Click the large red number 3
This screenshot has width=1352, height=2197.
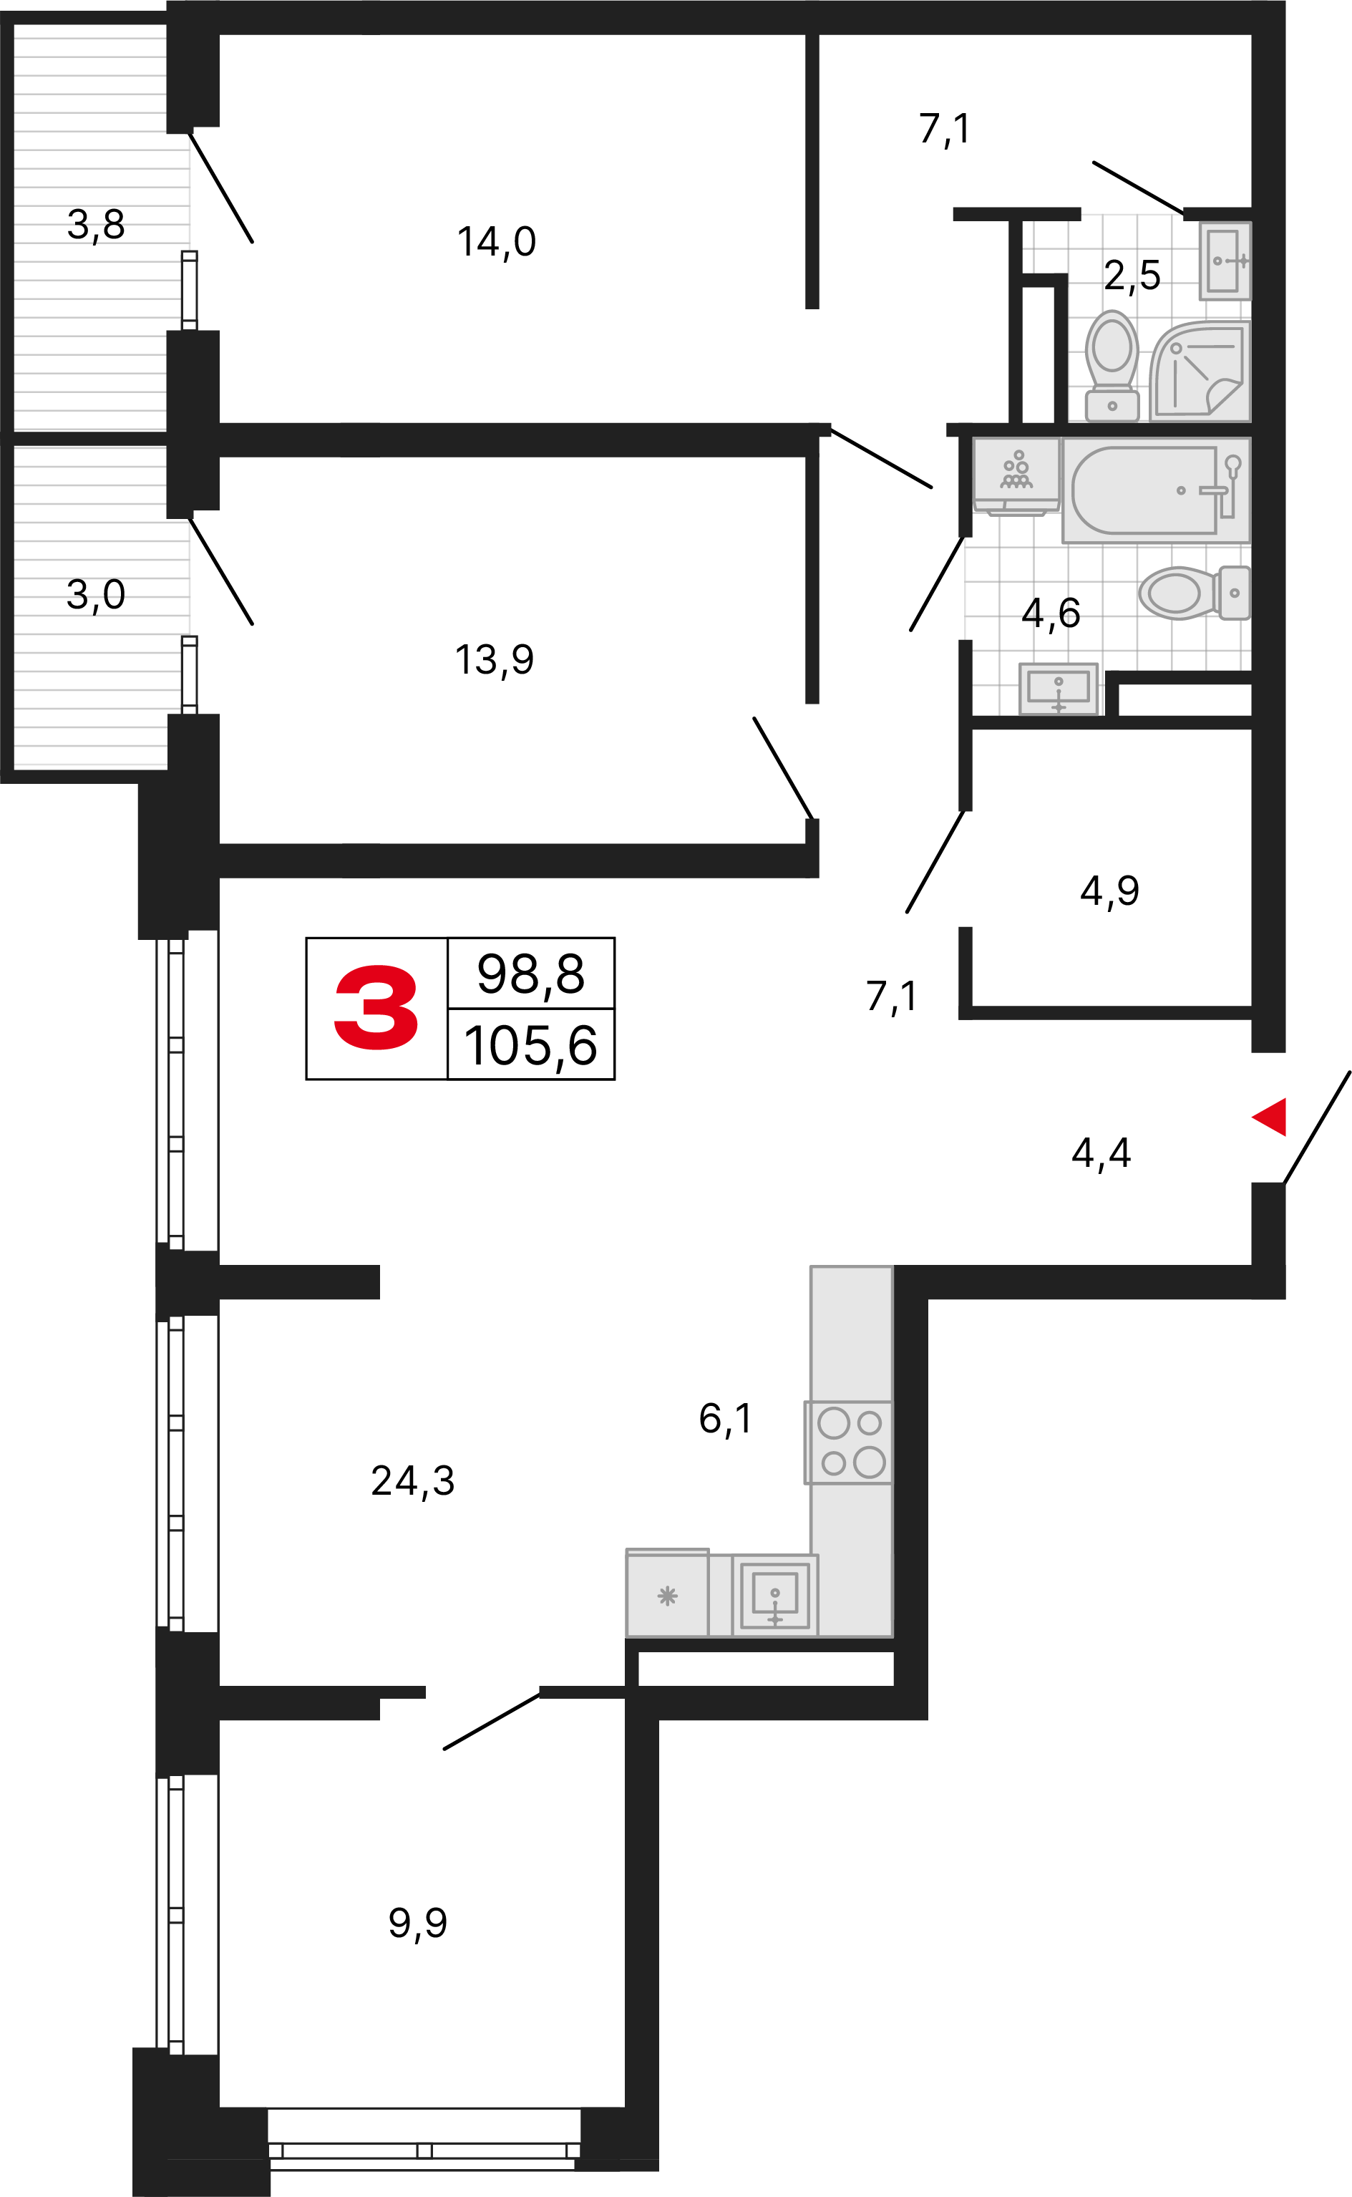pos(376,1008)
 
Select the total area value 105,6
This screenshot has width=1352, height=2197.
pos(530,1045)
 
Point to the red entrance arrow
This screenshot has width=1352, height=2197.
pos(1269,1116)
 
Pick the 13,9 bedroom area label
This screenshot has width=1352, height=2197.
pos(495,661)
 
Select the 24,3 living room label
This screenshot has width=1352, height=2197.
pos(413,1480)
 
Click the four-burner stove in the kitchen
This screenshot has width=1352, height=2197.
pos(849,1442)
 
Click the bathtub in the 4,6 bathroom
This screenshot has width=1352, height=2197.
pos(1155,490)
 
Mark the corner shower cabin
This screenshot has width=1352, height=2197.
pos(1199,371)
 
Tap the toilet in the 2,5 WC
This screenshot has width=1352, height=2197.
pos(1112,366)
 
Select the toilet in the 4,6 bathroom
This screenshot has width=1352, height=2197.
pos(1195,592)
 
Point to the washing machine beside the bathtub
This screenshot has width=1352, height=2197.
pos(1016,476)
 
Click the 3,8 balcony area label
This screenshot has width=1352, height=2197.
pos(96,225)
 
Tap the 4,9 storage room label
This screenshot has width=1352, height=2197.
pos(1109,891)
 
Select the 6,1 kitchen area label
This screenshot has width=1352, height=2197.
pos(725,1419)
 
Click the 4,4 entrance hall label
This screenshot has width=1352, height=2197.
pos(1101,1153)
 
